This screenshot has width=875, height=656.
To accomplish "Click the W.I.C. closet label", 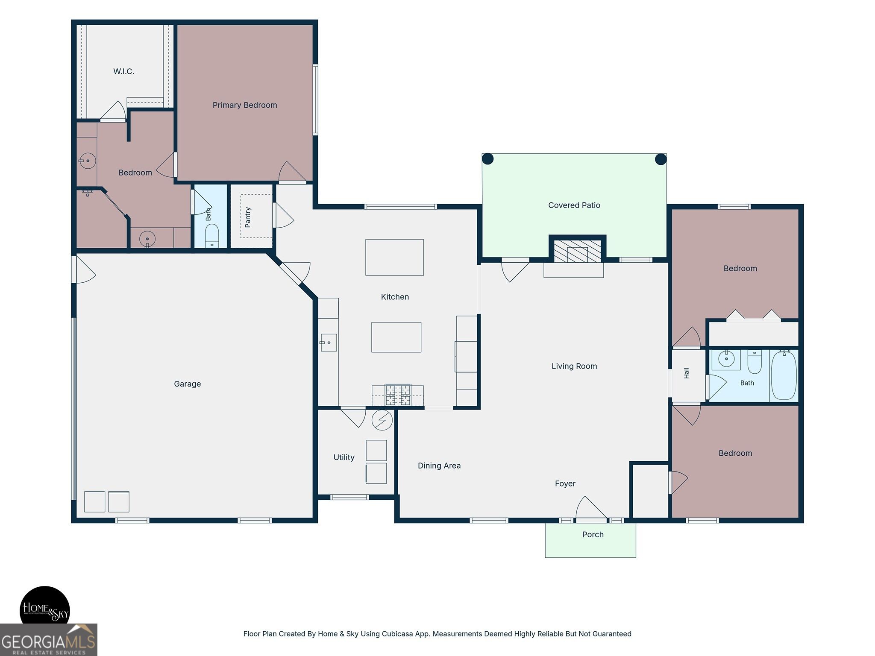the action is pos(124,71).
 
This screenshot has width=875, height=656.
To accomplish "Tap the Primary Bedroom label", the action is pos(245,105).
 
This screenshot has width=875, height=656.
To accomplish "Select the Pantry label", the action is pos(248,217).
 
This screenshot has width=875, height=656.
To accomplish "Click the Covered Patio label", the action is pos(574,205).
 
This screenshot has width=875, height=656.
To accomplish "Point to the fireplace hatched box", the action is pos(577,251).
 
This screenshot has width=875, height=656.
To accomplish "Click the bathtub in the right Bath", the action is pos(784,375).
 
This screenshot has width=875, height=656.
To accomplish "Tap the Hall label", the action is pos(686,373).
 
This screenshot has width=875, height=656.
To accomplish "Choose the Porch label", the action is pos(593,535).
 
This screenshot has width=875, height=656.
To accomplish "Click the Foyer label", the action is pos(565,484).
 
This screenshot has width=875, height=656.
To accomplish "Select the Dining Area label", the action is pos(439,466).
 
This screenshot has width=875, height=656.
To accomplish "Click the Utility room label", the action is pos(344,457).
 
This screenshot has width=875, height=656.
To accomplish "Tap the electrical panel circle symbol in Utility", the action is pos(382,421).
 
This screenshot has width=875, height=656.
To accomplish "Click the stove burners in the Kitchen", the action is pos(398,395).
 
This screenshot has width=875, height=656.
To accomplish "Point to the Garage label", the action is pos(188,384).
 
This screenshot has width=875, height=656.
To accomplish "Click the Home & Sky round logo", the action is pos(45,610).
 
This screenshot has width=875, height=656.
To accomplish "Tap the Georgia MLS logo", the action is pos(48,640).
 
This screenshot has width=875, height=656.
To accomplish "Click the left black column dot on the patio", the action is pos(488,159).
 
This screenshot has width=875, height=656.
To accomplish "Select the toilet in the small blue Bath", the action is pos(212,235).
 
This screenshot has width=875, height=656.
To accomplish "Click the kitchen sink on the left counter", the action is pos(329,343).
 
